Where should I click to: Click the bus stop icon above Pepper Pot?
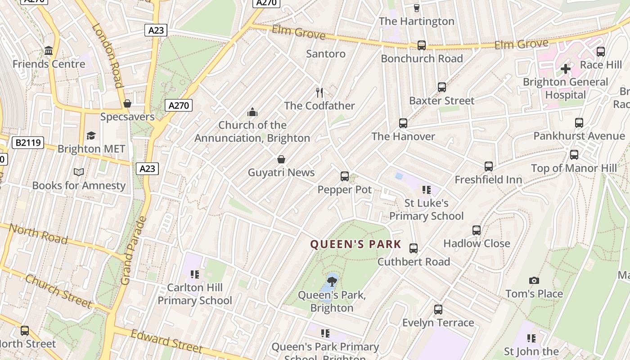click(345, 176)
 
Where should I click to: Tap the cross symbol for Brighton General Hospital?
click(566, 69)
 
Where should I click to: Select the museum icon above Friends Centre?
click(49, 51)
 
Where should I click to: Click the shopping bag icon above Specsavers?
click(127, 103)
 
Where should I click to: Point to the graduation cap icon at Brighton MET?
click(91, 135)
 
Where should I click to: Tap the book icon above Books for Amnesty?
click(79, 172)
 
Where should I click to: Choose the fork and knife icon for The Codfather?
click(319, 93)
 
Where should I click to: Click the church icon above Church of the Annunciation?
click(252, 112)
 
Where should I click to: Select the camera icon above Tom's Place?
click(534, 280)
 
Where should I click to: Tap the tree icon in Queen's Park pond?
click(332, 282)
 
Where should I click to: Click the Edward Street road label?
click(166, 341)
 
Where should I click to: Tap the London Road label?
click(108, 56)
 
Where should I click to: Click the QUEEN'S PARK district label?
click(355, 244)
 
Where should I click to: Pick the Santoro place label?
click(326, 54)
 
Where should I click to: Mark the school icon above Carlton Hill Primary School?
click(195, 274)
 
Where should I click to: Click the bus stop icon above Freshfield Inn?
click(489, 166)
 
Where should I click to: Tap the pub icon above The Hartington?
click(416, 8)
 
